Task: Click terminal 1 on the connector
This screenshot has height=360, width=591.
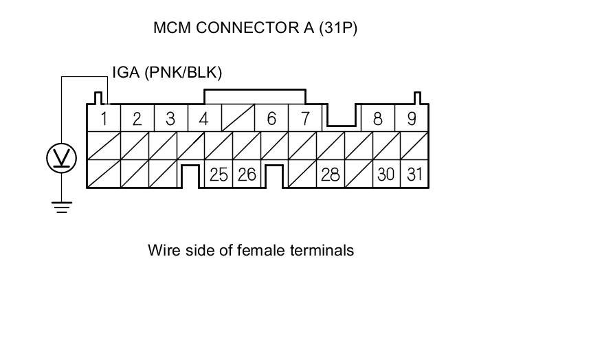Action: [x=104, y=118]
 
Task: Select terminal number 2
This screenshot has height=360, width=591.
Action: [x=137, y=118]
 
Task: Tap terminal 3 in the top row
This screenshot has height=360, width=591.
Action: [x=170, y=118]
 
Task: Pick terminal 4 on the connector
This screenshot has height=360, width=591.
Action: [x=203, y=118]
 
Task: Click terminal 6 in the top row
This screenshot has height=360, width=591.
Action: [x=271, y=118]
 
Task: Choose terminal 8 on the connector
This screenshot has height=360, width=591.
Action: [x=377, y=118]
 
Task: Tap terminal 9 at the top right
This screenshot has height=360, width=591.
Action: [x=412, y=118]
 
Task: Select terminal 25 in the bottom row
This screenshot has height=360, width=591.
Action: [x=219, y=175]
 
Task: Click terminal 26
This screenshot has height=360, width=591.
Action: [x=246, y=175]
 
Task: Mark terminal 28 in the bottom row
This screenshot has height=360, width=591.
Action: [x=330, y=175]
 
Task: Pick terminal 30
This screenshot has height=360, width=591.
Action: [x=386, y=175]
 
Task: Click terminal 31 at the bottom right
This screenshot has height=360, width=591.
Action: [x=414, y=175]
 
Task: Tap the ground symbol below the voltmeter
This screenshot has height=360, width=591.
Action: [x=62, y=206]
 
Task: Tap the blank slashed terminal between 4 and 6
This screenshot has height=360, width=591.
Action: [x=238, y=118]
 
